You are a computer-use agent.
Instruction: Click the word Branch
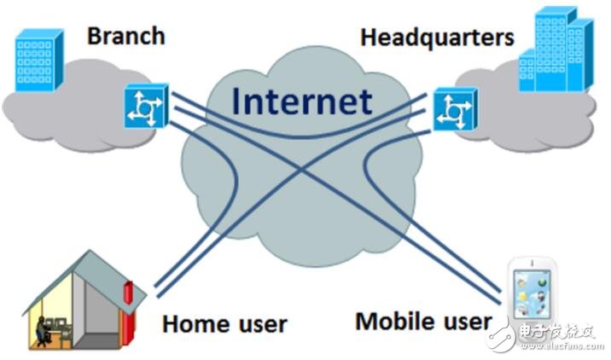(125, 36)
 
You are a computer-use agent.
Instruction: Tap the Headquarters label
(437, 38)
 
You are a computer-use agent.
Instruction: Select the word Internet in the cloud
(302, 102)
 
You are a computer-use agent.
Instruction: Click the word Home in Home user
(196, 324)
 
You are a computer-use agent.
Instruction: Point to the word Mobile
(401, 322)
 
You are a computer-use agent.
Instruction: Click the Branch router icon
(147, 106)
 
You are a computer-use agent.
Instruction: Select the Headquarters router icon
(455, 109)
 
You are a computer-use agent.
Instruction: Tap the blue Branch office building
(38, 61)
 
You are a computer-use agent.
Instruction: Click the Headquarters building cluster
(556, 49)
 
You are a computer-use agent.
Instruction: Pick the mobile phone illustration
(532, 298)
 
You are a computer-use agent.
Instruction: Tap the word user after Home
(262, 325)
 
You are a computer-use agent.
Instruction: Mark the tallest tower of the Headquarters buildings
(551, 49)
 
